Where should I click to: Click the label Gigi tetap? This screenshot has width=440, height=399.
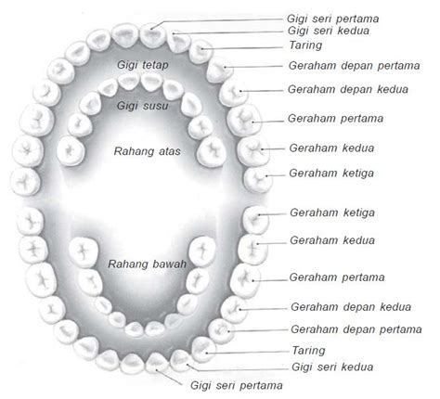click(x=143, y=65)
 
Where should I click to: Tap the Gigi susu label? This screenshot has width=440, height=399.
click(x=142, y=106)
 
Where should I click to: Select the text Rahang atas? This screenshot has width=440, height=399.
click(x=147, y=151)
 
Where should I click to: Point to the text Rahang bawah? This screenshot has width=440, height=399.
click(x=147, y=264)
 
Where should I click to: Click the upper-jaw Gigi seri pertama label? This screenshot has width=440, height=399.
click(x=332, y=19)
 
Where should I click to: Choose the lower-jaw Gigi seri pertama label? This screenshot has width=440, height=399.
click(x=236, y=386)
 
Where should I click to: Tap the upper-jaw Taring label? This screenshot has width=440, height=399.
click(x=305, y=45)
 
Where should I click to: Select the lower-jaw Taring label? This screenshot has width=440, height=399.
click(x=309, y=351)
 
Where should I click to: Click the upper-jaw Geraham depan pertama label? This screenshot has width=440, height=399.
click(x=355, y=66)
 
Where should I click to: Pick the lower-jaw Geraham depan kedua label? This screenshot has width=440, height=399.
click(x=351, y=307)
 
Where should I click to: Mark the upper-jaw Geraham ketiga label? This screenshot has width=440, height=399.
click(x=331, y=174)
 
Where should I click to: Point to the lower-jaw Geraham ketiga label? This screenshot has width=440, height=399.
click(x=332, y=212)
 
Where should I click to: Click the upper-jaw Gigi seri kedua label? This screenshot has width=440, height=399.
click(x=329, y=31)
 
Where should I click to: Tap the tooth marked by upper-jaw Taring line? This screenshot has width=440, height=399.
click(x=201, y=51)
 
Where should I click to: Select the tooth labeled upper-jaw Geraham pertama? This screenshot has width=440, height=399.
click(x=244, y=120)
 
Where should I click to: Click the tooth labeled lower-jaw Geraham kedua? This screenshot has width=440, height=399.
click(x=252, y=250)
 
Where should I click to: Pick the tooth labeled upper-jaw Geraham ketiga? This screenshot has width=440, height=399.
click(x=258, y=180)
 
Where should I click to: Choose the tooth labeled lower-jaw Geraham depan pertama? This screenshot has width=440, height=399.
click(x=221, y=331)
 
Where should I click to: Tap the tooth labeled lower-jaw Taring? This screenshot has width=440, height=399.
click(x=204, y=350)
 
